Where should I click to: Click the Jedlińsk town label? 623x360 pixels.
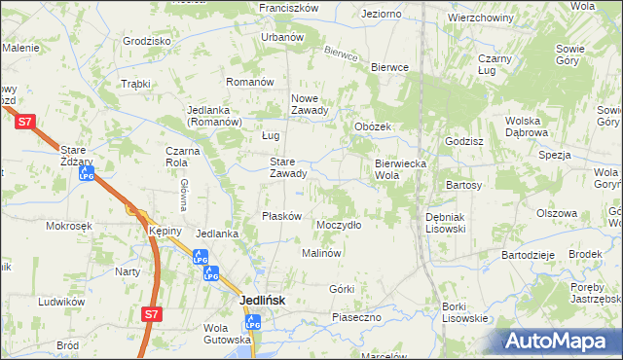tap(263, 301)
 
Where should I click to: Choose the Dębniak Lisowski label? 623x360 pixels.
tap(446, 222)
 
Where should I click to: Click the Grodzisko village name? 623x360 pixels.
tap(147, 42)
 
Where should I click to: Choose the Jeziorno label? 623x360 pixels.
tap(381, 15)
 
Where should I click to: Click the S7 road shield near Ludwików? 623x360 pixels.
tap(151, 314)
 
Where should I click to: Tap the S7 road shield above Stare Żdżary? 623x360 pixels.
tap(27, 121)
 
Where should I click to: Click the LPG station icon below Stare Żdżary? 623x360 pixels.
tap(87, 176)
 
